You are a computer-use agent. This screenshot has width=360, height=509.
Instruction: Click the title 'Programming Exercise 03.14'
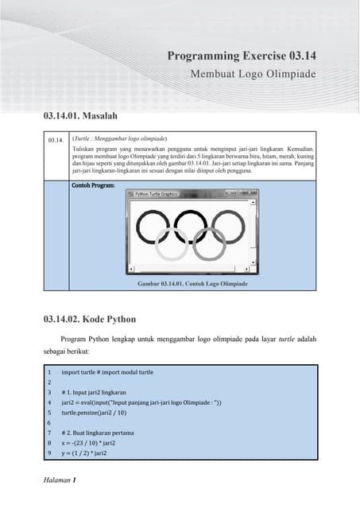[253, 56]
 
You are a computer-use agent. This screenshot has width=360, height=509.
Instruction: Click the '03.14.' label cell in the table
[55, 140]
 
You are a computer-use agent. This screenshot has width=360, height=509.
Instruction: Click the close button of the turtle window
[252, 193]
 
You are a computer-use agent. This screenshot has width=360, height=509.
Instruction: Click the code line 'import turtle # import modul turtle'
[107, 372]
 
